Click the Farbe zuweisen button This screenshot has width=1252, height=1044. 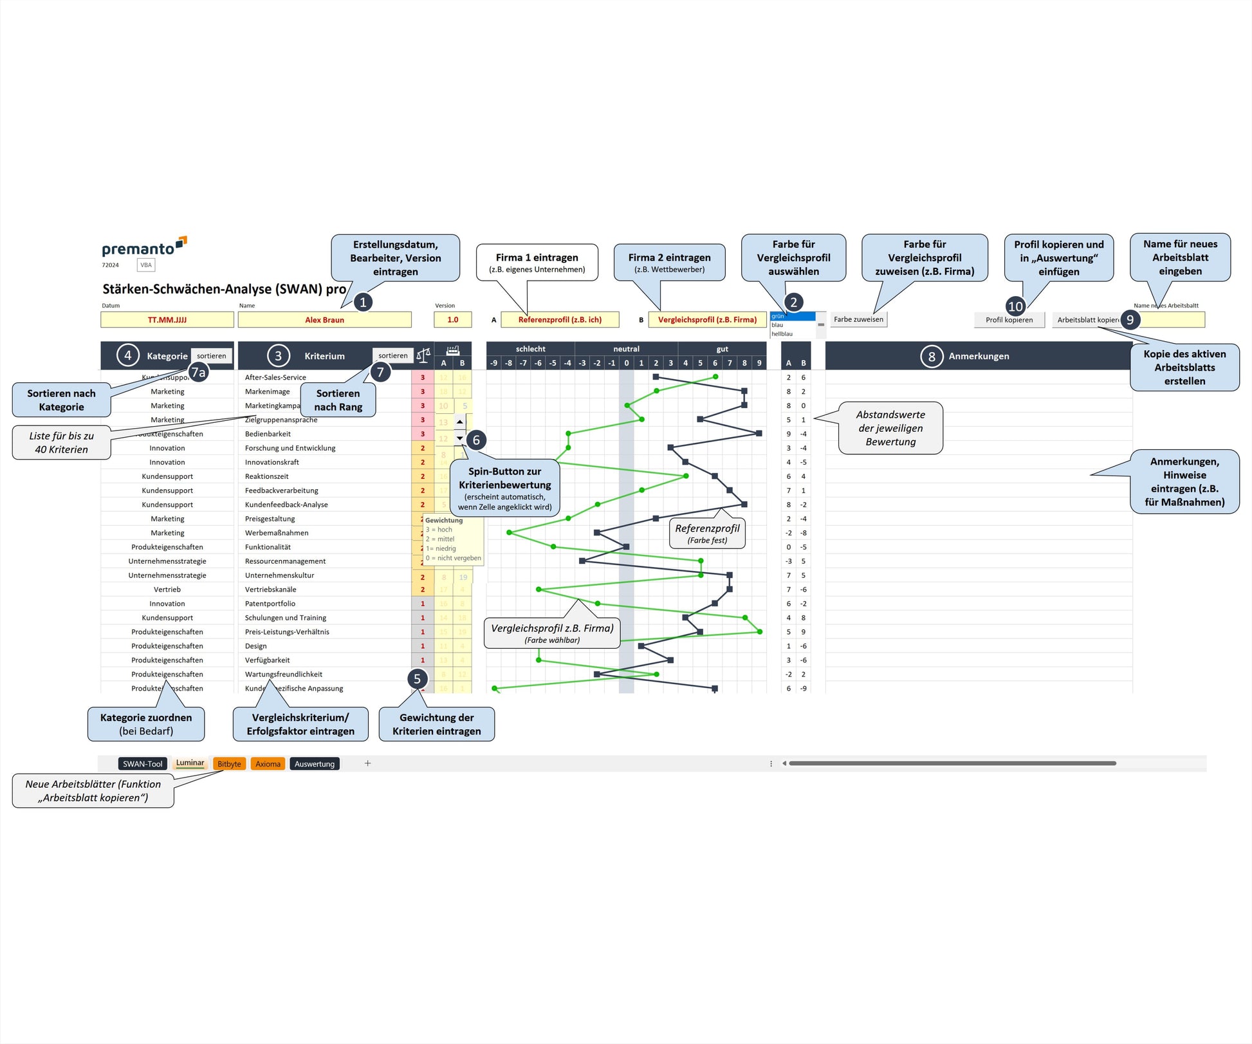(858, 319)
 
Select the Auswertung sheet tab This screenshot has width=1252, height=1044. (315, 764)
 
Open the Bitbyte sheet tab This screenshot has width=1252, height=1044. (229, 764)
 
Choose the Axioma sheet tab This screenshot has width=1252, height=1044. (268, 764)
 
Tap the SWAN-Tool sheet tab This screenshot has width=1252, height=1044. (142, 764)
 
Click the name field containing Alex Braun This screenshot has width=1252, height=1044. (324, 320)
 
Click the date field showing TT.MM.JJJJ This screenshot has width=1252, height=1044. (167, 320)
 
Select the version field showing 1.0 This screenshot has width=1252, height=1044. (453, 320)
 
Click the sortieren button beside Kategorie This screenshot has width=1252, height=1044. (211, 356)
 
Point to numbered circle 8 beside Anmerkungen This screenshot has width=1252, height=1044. (931, 356)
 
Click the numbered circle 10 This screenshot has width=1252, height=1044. (1015, 306)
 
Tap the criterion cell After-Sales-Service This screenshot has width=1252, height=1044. (275, 378)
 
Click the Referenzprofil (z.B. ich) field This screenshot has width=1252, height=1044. (560, 320)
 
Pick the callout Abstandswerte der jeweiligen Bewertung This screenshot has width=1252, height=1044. (890, 428)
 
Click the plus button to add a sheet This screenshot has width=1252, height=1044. (367, 763)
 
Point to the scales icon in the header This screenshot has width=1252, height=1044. (423, 355)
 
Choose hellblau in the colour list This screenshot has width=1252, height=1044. (782, 334)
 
